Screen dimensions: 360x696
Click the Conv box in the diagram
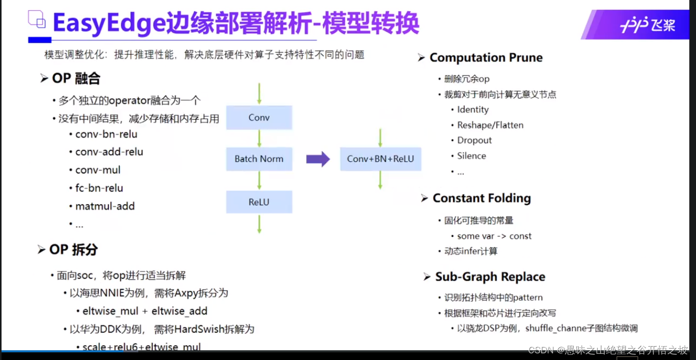click(259, 118)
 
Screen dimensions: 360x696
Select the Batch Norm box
click(259, 159)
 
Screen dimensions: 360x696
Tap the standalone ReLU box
click(259, 202)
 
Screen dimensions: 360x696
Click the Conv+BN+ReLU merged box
click(380, 159)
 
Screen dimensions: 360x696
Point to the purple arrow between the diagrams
click(318, 159)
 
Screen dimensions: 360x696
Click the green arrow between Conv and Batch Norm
click(260, 138)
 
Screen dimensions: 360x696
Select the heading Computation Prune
click(486, 57)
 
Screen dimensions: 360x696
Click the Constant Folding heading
click(481, 198)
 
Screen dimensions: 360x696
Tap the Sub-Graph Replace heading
click(490, 277)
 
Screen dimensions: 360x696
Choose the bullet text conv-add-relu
click(109, 152)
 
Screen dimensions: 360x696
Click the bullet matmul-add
click(105, 206)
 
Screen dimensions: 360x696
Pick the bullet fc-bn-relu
click(99, 188)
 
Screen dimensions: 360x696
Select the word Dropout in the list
click(474, 140)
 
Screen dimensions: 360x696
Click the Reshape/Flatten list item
click(490, 125)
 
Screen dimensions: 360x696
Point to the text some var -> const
click(494, 236)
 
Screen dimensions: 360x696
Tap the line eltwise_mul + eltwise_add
click(145, 311)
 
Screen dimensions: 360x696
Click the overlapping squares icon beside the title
click(37, 20)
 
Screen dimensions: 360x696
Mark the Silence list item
click(471, 156)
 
